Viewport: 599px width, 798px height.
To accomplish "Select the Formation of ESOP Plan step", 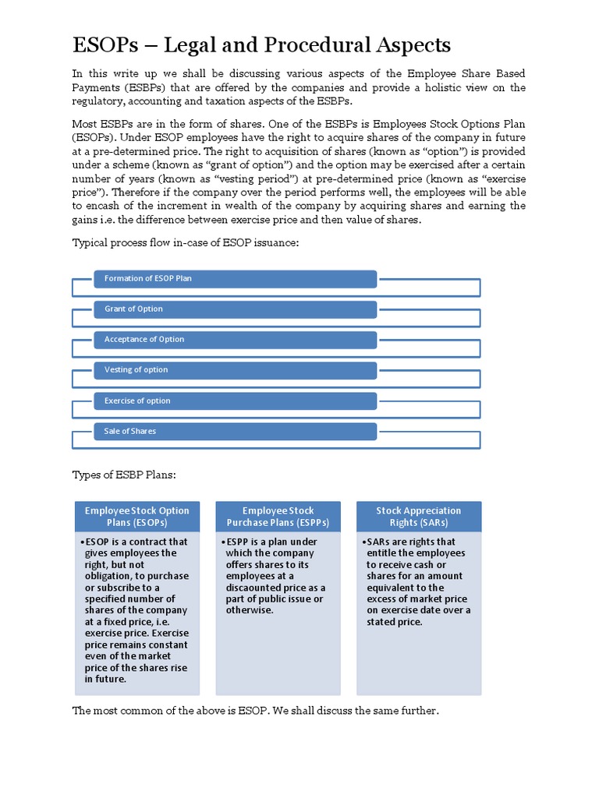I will [235, 278].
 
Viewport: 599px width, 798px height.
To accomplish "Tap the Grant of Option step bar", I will [235, 309].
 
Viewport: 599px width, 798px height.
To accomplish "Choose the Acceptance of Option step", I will [235, 339].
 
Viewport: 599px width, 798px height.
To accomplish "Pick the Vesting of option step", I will [235, 369].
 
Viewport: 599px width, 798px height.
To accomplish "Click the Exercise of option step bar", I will [235, 401].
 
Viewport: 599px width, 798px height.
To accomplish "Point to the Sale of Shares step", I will [235, 431].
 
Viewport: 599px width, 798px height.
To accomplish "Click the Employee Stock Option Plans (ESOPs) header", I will [137, 517].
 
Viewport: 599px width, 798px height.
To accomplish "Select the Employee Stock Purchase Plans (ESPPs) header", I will [278, 517].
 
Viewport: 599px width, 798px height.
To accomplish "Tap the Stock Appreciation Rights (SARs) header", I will [419, 517].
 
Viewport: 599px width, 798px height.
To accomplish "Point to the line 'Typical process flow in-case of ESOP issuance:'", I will [186, 243].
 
